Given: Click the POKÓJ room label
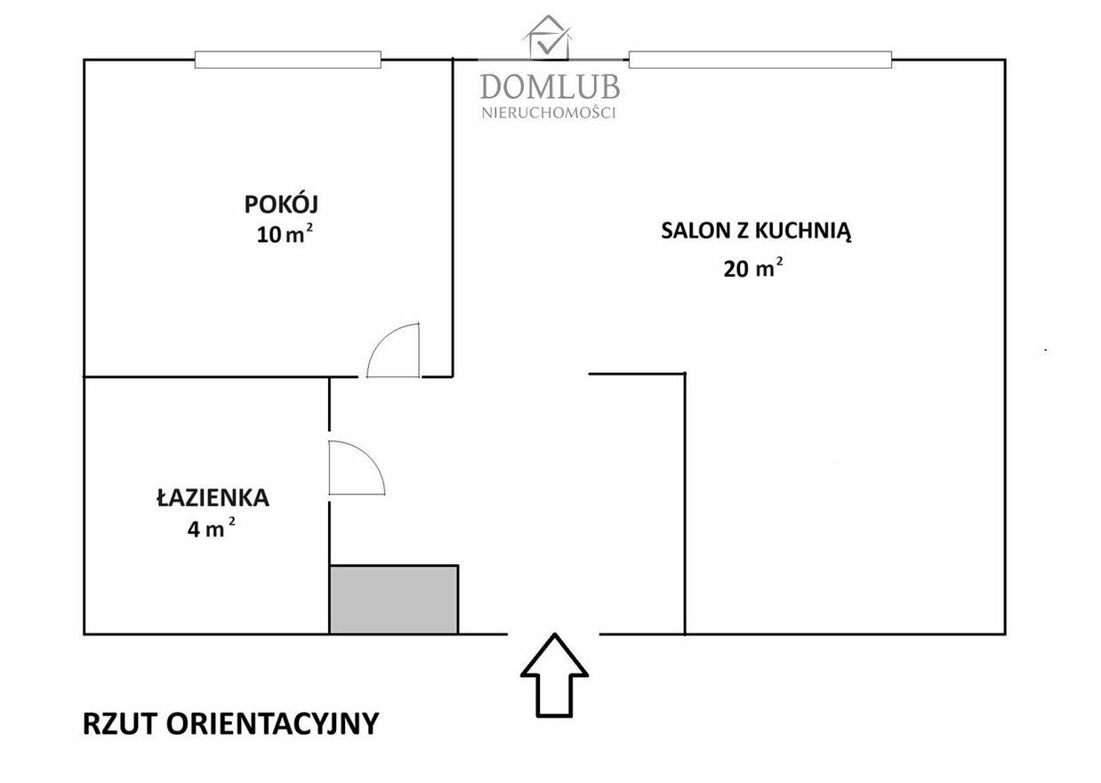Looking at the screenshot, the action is click(281, 203).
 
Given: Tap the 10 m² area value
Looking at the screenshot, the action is click(285, 234).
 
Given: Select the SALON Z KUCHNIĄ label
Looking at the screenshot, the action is click(756, 231).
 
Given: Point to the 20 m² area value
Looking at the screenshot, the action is click(753, 268).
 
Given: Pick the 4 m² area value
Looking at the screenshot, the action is click(211, 529).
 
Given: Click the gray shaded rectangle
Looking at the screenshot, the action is click(394, 600).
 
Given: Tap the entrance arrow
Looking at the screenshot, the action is click(554, 675).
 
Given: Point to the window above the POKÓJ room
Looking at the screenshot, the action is click(288, 60).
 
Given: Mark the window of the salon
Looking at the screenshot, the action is click(760, 60).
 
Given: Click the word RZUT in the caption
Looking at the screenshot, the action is click(120, 723).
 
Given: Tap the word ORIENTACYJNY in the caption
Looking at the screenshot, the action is click(273, 723).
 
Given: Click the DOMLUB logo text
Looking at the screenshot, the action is click(550, 86).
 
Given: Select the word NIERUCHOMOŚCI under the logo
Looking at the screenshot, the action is click(549, 113).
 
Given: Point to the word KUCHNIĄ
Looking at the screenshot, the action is click(803, 231).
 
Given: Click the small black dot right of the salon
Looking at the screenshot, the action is click(1046, 351).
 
